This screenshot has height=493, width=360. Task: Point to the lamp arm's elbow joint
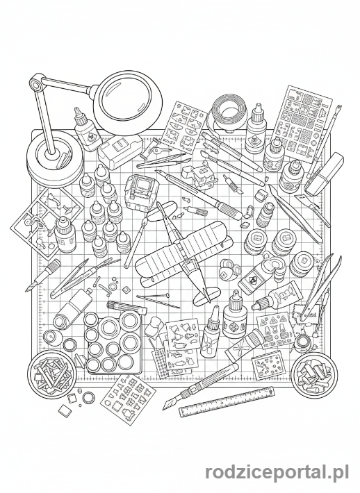click(x=36, y=83)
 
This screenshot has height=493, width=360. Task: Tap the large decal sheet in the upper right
click(x=302, y=124)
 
